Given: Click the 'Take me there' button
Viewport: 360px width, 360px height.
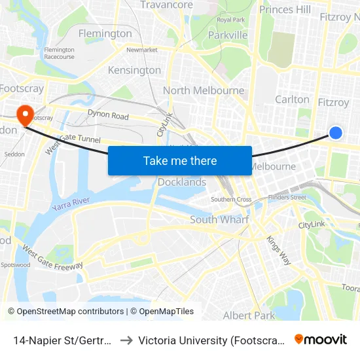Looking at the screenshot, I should [180, 160].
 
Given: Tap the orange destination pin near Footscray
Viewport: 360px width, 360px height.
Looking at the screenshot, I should [26, 115].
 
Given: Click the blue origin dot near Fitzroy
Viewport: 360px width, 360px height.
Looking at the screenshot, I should [336, 133].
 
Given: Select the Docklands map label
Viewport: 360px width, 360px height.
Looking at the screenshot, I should [182, 182].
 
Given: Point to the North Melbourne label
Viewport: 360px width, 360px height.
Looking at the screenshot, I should [204, 90].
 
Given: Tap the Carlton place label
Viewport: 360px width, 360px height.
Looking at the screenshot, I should [292, 99].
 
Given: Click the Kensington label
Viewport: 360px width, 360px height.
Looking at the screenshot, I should [134, 70].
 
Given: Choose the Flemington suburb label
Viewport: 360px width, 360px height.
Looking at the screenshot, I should [105, 33].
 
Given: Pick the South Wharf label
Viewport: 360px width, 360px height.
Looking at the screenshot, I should [219, 219].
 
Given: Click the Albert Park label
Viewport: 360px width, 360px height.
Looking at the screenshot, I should [249, 315].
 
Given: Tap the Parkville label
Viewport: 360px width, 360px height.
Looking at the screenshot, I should [228, 35].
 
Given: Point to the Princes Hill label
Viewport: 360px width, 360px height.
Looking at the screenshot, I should [285, 9].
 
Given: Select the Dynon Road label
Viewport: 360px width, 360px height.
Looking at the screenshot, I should [108, 115].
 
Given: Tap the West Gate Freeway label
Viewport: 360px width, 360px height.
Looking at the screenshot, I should [52, 257].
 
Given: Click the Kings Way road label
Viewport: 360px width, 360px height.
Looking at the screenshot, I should [278, 249].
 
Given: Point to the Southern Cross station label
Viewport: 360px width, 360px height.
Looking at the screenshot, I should [231, 199].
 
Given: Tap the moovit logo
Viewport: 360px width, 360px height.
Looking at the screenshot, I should [321, 339].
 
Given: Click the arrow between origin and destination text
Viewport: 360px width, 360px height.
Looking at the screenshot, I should [126, 340].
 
